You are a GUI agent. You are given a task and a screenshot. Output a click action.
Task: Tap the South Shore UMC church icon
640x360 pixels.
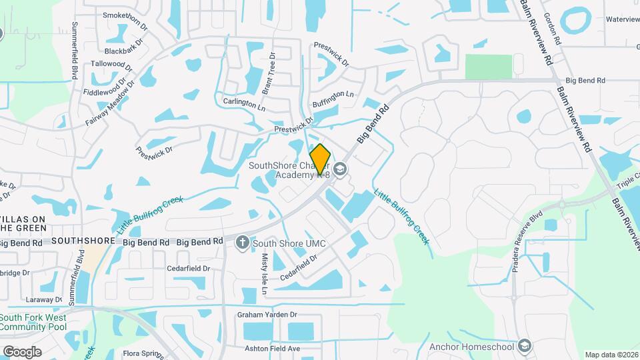pyautogui.click(x=243, y=243)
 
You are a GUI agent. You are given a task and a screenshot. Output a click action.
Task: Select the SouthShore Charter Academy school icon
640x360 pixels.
pyautogui.click(x=341, y=169)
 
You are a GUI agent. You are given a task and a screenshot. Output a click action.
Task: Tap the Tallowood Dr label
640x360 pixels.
pyautogui.click(x=111, y=65)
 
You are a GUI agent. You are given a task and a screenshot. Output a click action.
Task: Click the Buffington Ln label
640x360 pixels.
pyautogui.click(x=333, y=100)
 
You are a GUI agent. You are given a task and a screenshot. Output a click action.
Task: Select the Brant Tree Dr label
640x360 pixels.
pyautogui.click(x=271, y=73)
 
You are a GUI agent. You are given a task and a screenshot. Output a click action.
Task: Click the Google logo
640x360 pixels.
pyautogui.click(x=22, y=351)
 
